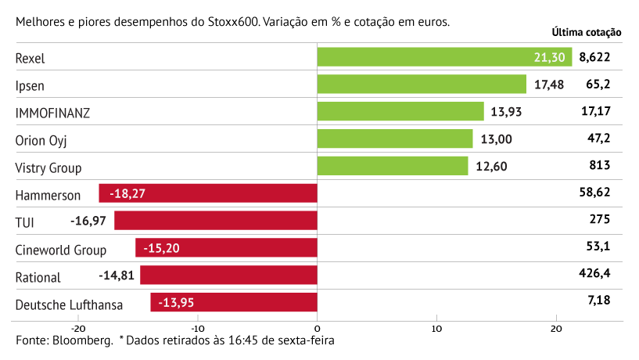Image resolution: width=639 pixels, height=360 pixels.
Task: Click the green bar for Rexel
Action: (x=445, y=57)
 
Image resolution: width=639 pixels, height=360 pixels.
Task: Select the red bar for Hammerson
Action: (x=208, y=193)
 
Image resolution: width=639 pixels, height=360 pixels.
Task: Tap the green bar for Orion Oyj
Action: (x=395, y=139)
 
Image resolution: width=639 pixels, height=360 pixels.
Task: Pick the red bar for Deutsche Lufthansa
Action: (x=234, y=302)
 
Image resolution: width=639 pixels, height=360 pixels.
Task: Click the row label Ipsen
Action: (x=30, y=85)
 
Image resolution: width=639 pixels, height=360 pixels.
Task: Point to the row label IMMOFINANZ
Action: (x=52, y=113)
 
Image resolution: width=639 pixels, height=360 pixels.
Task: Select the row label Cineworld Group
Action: (x=61, y=250)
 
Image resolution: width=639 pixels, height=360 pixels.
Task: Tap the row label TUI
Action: (x=25, y=222)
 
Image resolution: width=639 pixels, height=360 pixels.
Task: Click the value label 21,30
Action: (x=549, y=57)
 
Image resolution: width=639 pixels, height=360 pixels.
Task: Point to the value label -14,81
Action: (x=117, y=275)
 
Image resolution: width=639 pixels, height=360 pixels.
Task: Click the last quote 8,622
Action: (x=594, y=57)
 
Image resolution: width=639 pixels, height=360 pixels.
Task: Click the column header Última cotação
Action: (x=586, y=33)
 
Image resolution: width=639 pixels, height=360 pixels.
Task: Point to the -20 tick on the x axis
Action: (x=78, y=328)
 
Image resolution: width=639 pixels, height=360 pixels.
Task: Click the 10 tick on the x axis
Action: (x=436, y=328)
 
